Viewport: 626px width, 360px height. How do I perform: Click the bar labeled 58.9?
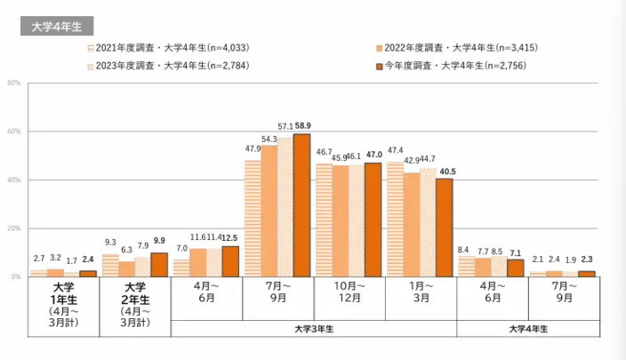pos(302,205)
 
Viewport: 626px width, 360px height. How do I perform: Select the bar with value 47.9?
pos(253,219)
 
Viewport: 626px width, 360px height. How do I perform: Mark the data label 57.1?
pos(285,127)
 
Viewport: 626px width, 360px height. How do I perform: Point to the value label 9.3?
pos(109,242)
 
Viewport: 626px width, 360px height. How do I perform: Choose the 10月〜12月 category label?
pos(349,294)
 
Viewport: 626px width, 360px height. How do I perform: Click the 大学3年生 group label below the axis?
pos(314,329)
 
